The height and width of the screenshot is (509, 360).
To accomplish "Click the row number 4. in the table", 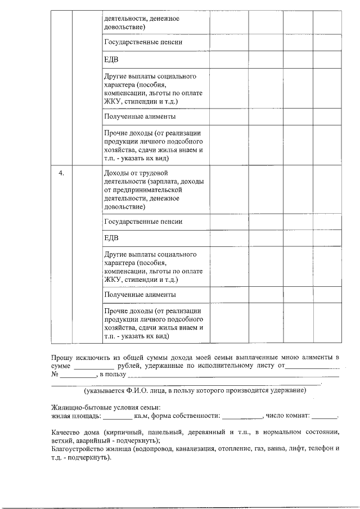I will click(x=62, y=173).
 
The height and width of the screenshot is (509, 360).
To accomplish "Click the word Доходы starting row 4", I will click(x=116, y=173).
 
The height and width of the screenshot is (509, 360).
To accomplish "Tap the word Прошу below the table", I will click(x=62, y=357).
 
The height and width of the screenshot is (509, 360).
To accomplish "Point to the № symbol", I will click(x=55, y=374).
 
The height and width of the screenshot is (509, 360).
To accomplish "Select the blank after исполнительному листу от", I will click(x=312, y=366).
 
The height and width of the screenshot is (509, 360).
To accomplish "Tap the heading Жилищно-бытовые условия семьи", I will click(x=106, y=407).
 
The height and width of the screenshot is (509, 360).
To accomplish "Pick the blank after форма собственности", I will click(x=242, y=416).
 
